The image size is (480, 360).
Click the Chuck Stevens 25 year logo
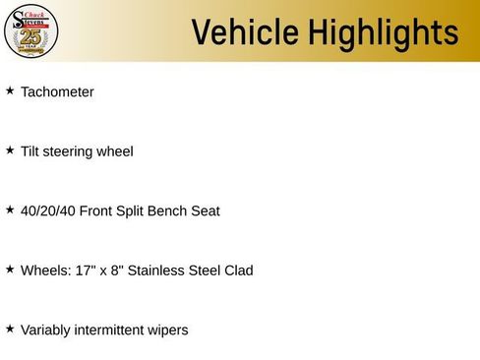pyautogui.click(x=31, y=30)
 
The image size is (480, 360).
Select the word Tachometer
pyautogui.click(x=57, y=92)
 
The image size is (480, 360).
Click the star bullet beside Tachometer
pyautogui.click(x=10, y=90)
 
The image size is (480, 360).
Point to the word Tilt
pyautogui.click(x=30, y=151)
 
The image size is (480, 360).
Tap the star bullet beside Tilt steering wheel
pyautogui.click(x=10, y=150)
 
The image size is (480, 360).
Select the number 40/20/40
pyautogui.click(x=47, y=210)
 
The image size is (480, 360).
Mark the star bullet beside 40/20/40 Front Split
pyautogui.click(x=10, y=209)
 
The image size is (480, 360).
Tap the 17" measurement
pyautogui.click(x=87, y=270)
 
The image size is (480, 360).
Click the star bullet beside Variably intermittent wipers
pyautogui.click(x=10, y=328)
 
